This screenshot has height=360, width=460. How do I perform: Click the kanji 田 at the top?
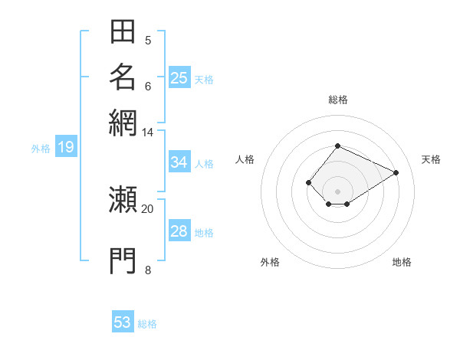[x=123, y=31]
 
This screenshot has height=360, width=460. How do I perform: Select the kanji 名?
[x=123, y=77]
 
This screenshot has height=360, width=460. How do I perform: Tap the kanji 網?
[x=123, y=123]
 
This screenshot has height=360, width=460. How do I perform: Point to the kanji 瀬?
[x=123, y=199]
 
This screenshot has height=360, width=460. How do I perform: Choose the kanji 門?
[x=123, y=260]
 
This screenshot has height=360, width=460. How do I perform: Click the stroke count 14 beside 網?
[x=147, y=133]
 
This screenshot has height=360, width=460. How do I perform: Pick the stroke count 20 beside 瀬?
[x=147, y=209]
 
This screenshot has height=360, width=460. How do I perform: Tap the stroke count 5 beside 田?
[x=148, y=41]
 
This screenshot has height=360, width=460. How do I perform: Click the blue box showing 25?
[x=179, y=77]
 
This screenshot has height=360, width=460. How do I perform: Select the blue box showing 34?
[x=179, y=162]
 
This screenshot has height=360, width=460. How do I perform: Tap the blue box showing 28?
[x=179, y=230]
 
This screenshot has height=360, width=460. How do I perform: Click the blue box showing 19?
[x=66, y=146]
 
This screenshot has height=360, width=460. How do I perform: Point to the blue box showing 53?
[x=123, y=321]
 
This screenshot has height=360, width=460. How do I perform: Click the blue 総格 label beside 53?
[x=147, y=324]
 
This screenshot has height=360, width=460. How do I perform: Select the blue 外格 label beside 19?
[x=41, y=149]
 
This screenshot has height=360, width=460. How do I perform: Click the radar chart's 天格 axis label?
[x=431, y=159]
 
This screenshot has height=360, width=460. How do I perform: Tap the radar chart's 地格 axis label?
[x=402, y=262]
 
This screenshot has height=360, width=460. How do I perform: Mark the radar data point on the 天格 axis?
[x=396, y=172]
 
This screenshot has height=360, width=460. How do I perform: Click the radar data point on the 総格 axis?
[x=337, y=146]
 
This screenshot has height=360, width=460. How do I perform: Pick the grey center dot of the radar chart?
[x=337, y=191]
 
